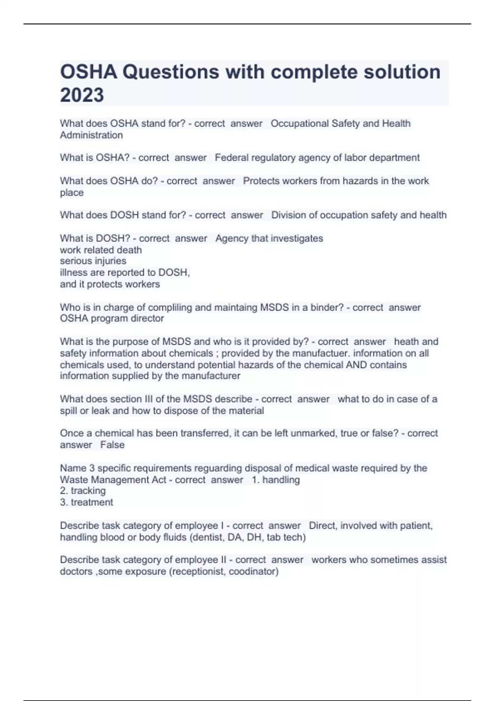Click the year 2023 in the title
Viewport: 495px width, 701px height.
pyautogui.click(x=82, y=95)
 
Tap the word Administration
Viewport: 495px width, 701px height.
pyautogui.click(x=91, y=135)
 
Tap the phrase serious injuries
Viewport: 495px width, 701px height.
pyautogui.click(x=93, y=261)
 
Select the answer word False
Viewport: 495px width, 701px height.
pyautogui.click(x=112, y=445)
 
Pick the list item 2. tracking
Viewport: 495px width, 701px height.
pyautogui.click(x=83, y=491)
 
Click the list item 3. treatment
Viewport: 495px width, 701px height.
pyautogui.click(x=87, y=502)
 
